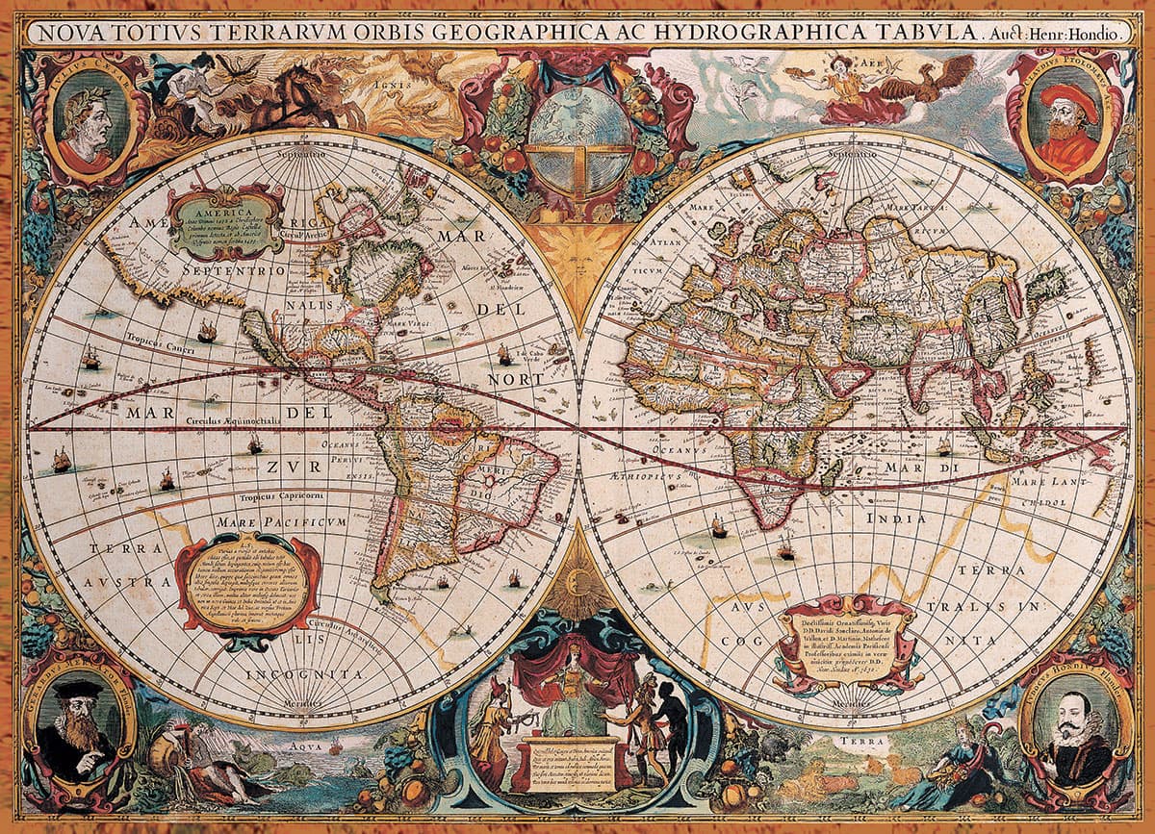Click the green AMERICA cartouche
click(x=227, y=220)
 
